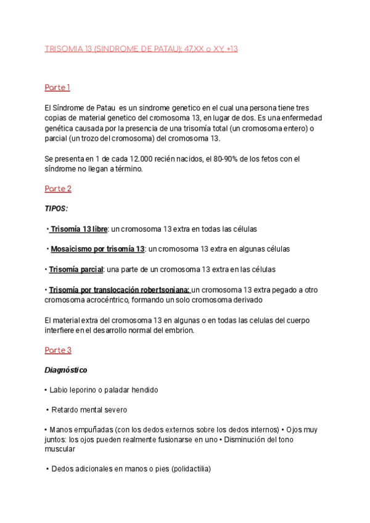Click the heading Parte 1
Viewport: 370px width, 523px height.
[x=57, y=88]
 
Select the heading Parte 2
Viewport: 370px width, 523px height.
[x=58, y=189]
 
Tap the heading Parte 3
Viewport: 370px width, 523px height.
[x=58, y=350]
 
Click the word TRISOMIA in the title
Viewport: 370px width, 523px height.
[x=64, y=49]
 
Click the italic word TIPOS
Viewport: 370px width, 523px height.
[x=56, y=209]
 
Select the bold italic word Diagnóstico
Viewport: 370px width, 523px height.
[x=66, y=371]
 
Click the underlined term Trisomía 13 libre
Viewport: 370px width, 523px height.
[x=78, y=229]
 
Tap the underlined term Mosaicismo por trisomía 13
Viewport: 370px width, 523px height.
[x=97, y=249]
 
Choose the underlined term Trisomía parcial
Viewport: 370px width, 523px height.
[x=76, y=270]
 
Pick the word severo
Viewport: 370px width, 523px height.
[x=115, y=410]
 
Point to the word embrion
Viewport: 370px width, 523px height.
[x=176, y=330]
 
